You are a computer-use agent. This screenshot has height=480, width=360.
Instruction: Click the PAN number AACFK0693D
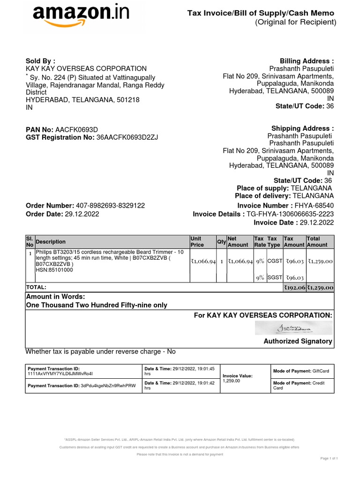point(76,129)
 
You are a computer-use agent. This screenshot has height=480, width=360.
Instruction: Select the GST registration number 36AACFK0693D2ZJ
point(127,137)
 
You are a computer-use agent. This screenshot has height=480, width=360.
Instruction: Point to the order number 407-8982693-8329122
point(110,206)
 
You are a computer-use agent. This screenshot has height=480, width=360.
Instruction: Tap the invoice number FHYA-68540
point(314,206)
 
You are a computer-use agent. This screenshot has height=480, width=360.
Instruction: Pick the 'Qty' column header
point(221,242)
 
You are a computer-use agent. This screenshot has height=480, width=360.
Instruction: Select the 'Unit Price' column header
point(198,242)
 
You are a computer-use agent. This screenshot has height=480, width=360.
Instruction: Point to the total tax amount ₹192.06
point(294,287)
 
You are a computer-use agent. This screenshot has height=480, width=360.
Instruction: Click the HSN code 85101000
point(54,270)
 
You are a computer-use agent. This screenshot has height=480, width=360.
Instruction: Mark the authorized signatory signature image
point(294,328)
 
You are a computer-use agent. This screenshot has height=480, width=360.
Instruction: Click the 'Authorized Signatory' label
point(298,341)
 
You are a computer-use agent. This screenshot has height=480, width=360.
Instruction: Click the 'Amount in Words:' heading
point(55,297)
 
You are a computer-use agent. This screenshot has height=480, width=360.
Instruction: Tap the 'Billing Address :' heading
point(307,61)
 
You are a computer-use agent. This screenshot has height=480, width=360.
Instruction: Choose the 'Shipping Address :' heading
point(302,128)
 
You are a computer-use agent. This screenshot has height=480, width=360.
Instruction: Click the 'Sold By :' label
point(40,61)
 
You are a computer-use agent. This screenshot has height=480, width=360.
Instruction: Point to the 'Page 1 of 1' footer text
point(329,457)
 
